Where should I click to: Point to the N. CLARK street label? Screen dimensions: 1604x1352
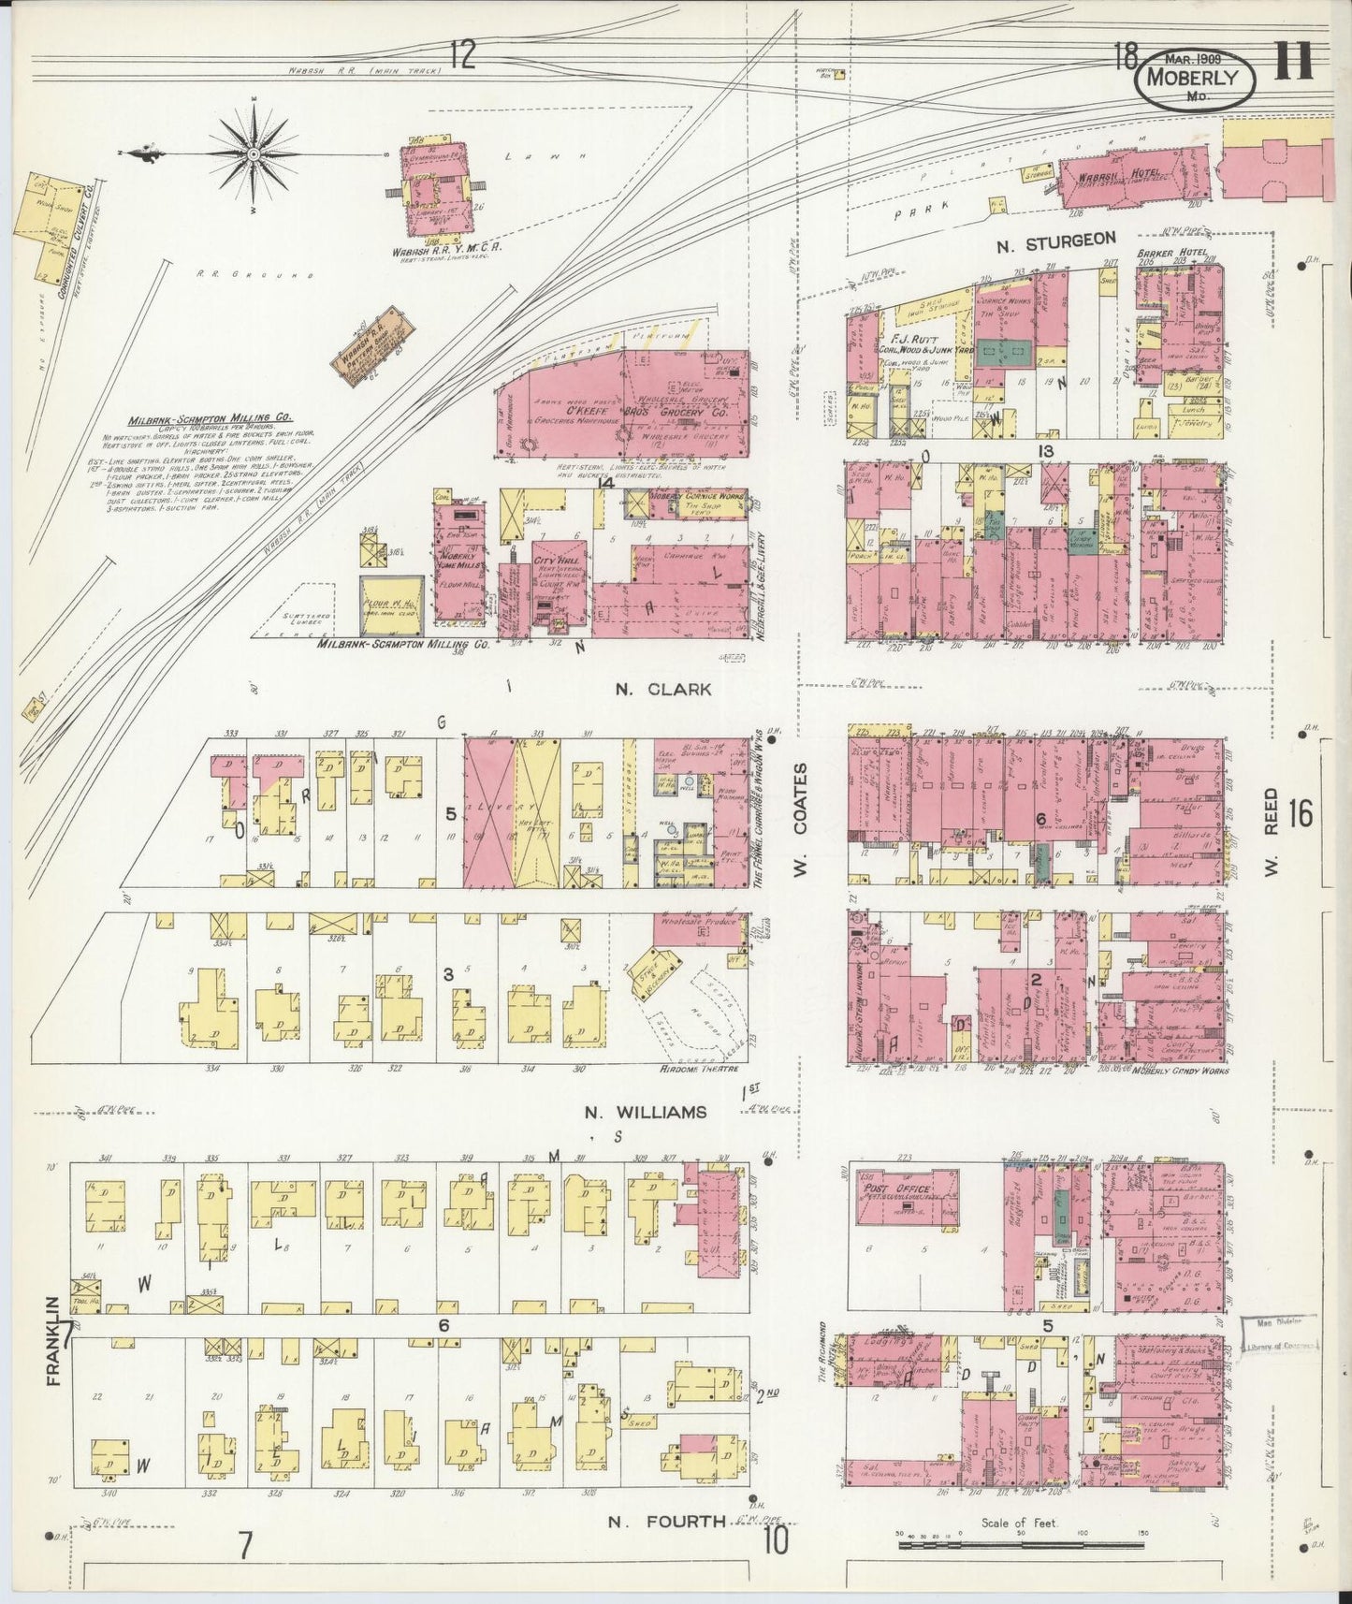[663, 689]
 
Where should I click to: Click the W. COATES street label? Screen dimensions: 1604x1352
[801, 815]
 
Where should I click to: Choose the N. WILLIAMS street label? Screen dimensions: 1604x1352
[646, 1112]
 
